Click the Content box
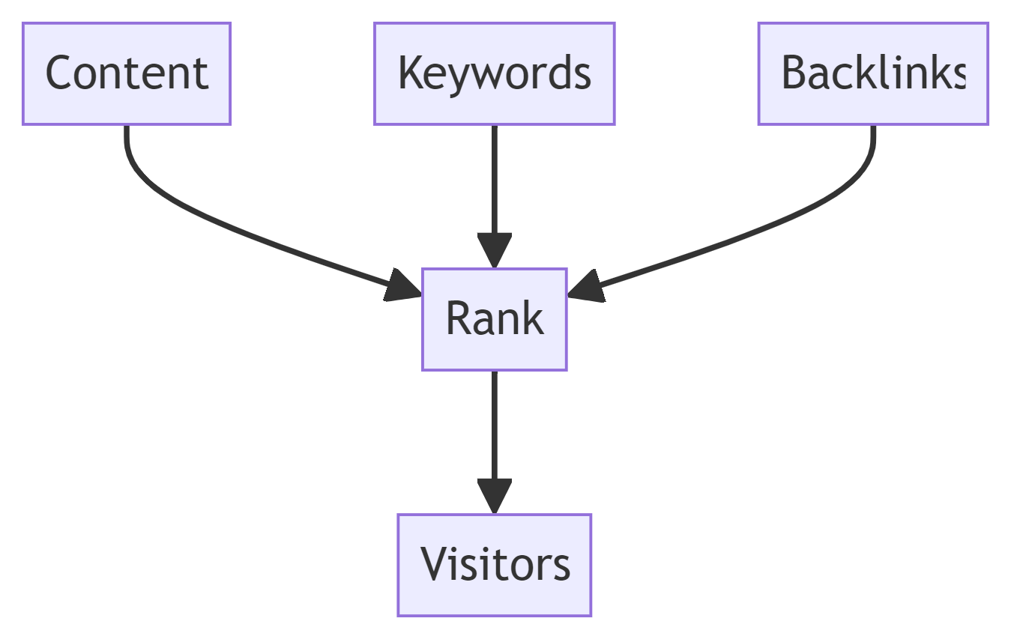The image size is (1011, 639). click(127, 73)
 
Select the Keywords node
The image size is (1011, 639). click(494, 73)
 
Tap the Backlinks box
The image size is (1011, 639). click(873, 73)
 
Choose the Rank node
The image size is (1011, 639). click(494, 319)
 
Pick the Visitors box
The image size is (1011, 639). click(494, 565)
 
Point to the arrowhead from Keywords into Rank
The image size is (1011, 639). click(494, 250)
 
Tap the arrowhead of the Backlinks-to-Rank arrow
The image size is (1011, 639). click(587, 287)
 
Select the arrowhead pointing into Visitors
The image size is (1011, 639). click(494, 496)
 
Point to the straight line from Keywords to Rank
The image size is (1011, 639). click(494, 181)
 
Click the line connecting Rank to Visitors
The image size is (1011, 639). click(494, 426)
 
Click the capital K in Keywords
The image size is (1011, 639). click(410, 72)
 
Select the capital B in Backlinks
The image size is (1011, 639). click(794, 72)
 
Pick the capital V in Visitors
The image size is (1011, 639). click(436, 563)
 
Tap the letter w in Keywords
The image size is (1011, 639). click(486, 76)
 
